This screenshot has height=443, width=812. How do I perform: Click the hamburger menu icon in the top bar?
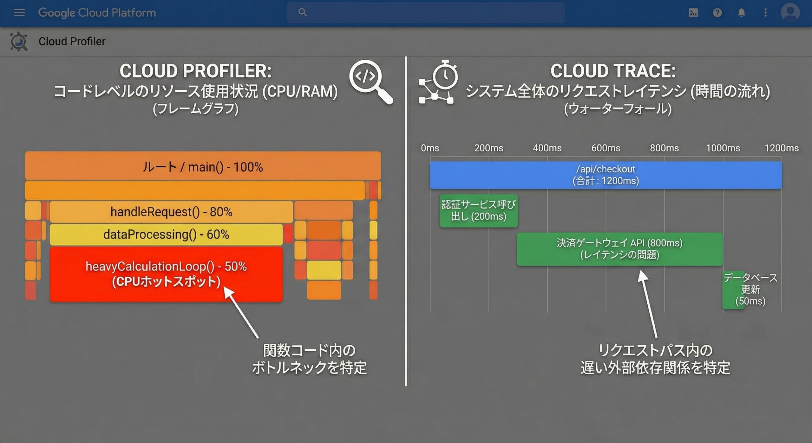pos(19,13)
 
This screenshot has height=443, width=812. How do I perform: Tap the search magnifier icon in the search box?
pos(303,12)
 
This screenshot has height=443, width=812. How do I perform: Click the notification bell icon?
pos(741,13)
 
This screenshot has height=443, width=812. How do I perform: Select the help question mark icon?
pos(717,13)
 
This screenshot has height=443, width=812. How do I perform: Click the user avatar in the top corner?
pos(790,13)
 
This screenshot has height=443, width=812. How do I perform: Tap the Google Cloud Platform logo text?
pos(97,13)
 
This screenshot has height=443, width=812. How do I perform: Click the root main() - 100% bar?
pos(203,166)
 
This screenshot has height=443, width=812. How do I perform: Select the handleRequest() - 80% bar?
pos(171,212)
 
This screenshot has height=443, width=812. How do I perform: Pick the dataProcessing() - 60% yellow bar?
pos(166,235)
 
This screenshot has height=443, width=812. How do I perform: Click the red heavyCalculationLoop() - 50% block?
pos(166,274)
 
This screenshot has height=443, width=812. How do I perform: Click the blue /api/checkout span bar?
pos(606,175)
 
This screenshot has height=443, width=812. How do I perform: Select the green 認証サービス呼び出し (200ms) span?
pos(479,211)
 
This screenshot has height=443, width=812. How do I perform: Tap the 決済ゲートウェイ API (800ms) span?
pos(620,249)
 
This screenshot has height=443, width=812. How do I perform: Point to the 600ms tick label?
pos(606,148)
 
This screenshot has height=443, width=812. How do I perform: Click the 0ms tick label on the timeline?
pos(430,148)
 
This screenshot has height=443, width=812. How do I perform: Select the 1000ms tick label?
pos(723,148)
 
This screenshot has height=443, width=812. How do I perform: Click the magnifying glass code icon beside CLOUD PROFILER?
pos(370,82)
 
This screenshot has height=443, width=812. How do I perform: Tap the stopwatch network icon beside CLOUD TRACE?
pos(438,82)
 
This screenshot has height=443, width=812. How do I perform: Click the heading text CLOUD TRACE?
pos(613,71)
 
